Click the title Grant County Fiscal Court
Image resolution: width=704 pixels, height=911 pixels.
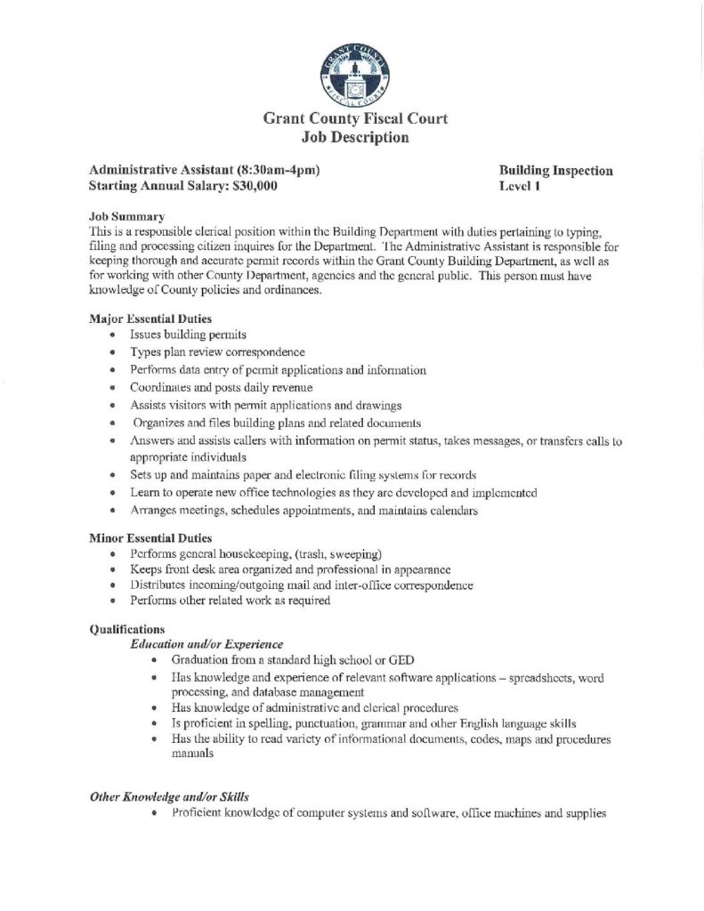coord(354,118)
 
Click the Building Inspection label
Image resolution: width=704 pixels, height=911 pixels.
coord(556,170)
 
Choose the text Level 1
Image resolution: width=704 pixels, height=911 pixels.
coord(521,186)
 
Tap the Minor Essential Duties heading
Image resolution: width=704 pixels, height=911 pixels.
coord(148,536)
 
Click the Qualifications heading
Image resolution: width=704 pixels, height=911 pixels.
coord(127,628)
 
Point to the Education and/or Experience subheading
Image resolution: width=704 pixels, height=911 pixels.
coord(206,642)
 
